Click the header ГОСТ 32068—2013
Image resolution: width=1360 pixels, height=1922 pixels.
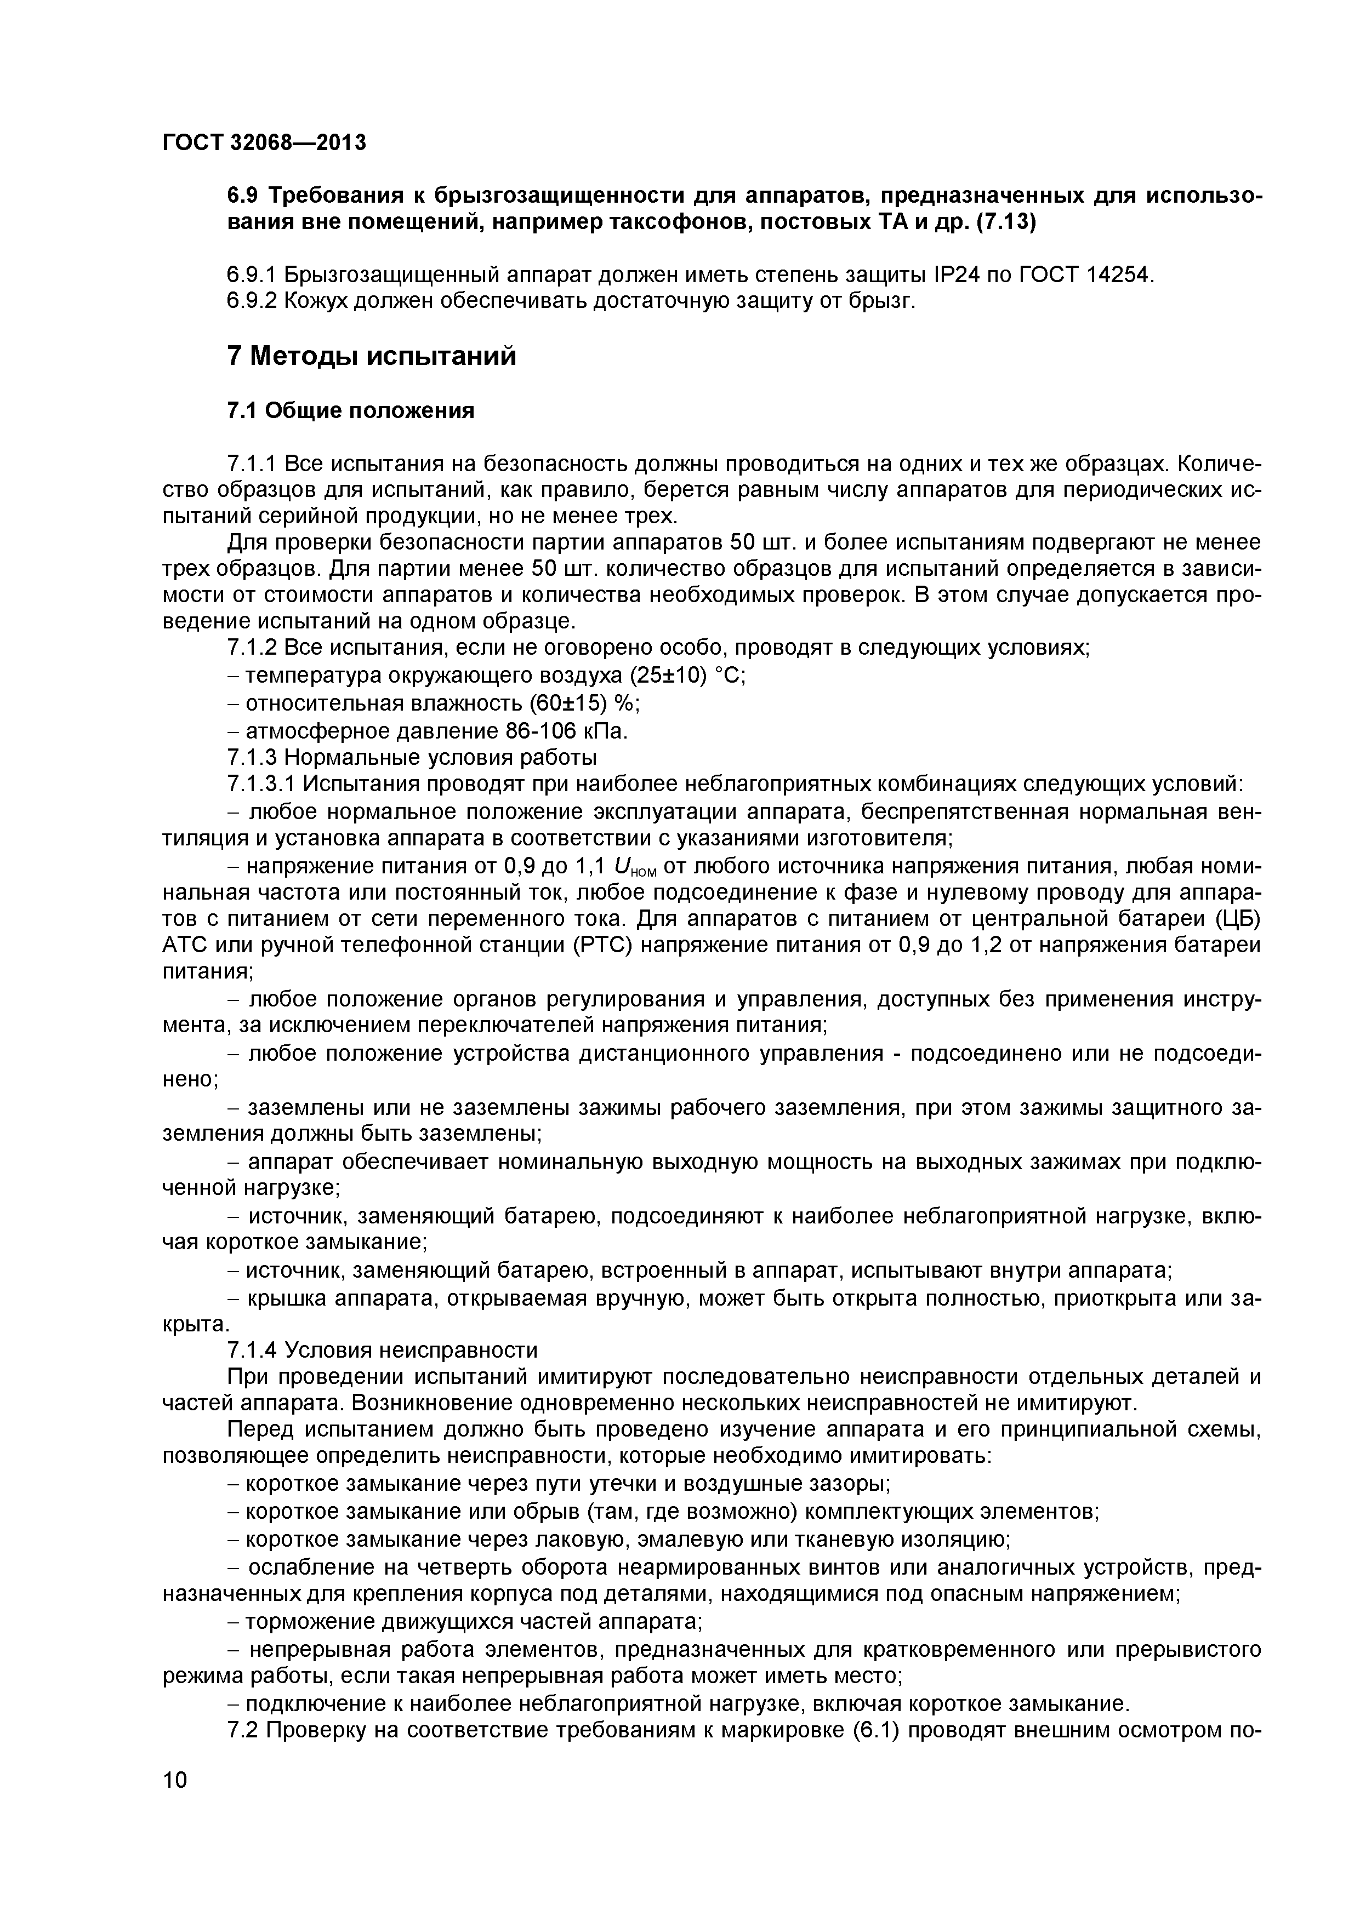point(264,143)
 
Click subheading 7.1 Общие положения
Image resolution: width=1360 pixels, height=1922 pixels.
point(351,411)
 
